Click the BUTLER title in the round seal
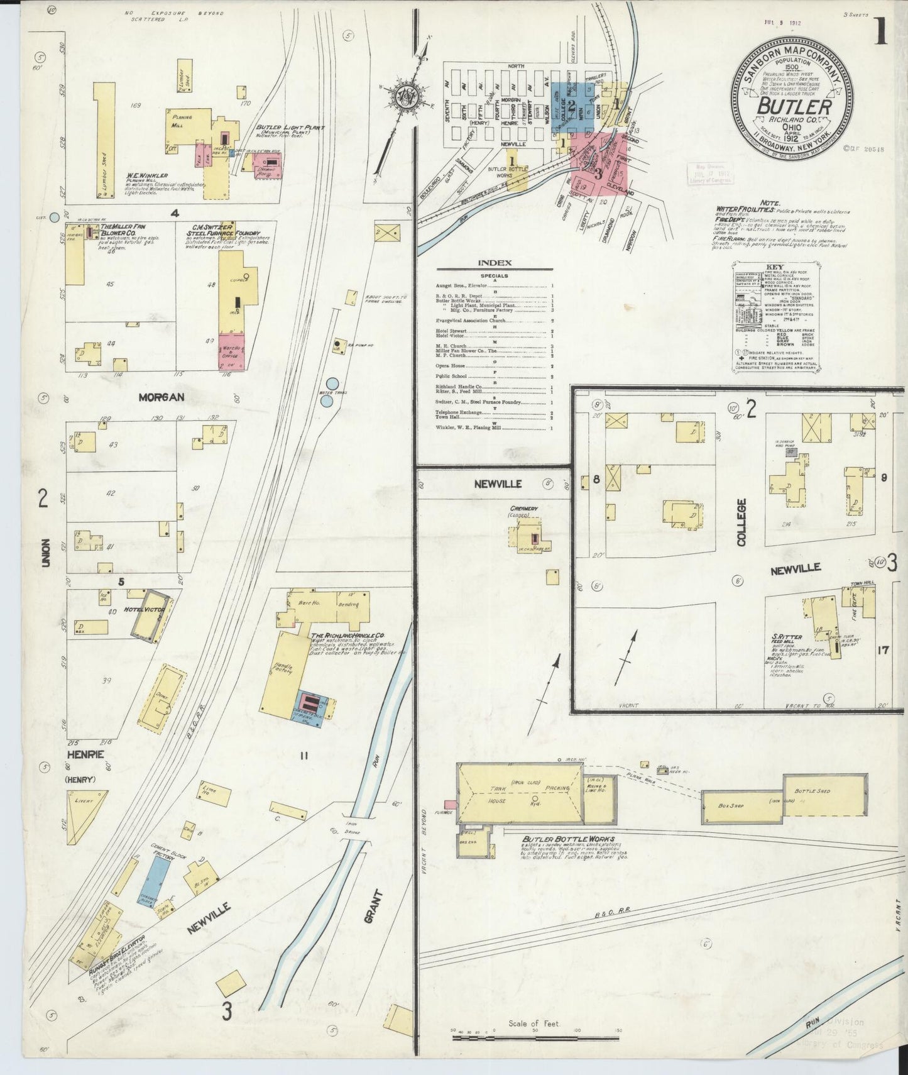793,106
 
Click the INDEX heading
495,263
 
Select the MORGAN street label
161,397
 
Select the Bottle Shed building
824,795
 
